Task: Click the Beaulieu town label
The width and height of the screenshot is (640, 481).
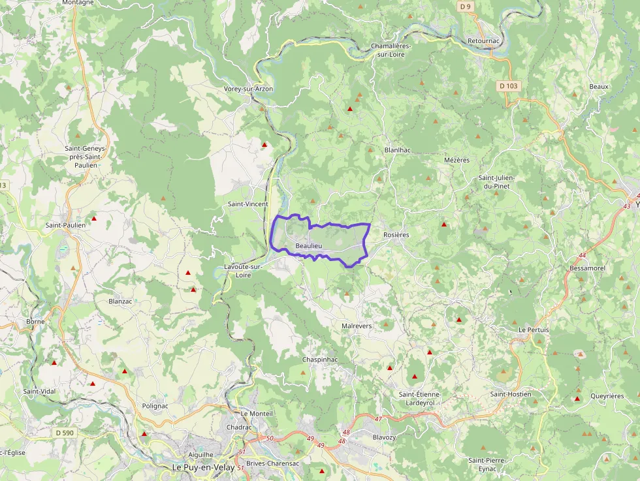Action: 309,245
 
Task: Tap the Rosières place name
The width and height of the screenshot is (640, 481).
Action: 396,235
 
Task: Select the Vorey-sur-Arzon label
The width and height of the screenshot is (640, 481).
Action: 248,89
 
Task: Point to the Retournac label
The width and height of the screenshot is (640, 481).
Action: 484,41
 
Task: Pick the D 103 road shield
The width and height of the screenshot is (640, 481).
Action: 509,85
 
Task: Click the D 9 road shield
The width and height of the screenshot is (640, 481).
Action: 465,6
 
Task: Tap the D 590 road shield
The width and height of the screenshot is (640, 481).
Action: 65,432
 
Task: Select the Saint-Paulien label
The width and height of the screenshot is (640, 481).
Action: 65,225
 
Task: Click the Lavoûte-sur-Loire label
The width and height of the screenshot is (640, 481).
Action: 243,271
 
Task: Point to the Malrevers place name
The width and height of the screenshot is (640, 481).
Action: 357,326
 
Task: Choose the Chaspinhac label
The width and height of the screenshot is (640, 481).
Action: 320,360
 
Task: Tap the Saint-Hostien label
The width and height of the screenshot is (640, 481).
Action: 511,394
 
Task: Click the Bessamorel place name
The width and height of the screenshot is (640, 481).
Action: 588,268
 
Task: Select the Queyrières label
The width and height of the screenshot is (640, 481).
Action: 607,396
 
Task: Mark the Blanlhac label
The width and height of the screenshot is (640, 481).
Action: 398,149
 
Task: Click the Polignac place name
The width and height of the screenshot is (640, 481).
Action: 155,405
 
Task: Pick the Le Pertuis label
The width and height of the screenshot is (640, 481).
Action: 534,330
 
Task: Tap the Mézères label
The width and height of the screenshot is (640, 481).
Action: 456,160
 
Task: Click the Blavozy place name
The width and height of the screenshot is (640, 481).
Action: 384,437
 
